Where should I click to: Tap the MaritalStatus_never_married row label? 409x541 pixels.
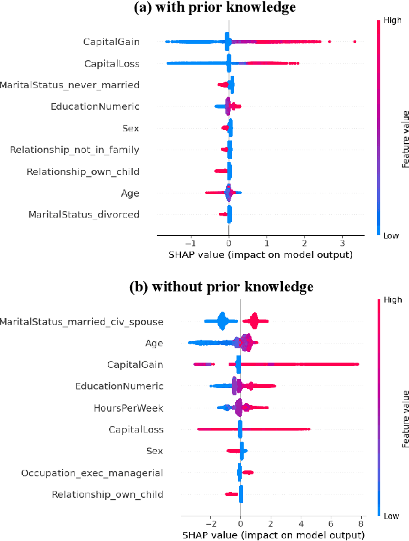click(69, 85)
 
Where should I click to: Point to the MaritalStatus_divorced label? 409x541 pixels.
click(84, 214)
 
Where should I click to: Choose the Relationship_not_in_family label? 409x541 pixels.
click(74, 150)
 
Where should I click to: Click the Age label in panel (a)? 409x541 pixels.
click(130, 193)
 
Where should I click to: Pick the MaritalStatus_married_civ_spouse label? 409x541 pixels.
click(82, 321)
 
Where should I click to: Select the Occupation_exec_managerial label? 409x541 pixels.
click(92, 472)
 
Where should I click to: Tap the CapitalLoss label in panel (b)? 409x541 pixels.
click(136, 429)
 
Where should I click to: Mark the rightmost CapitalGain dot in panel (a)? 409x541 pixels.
click(354, 42)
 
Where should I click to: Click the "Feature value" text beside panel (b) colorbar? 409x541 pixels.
click(405, 418)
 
